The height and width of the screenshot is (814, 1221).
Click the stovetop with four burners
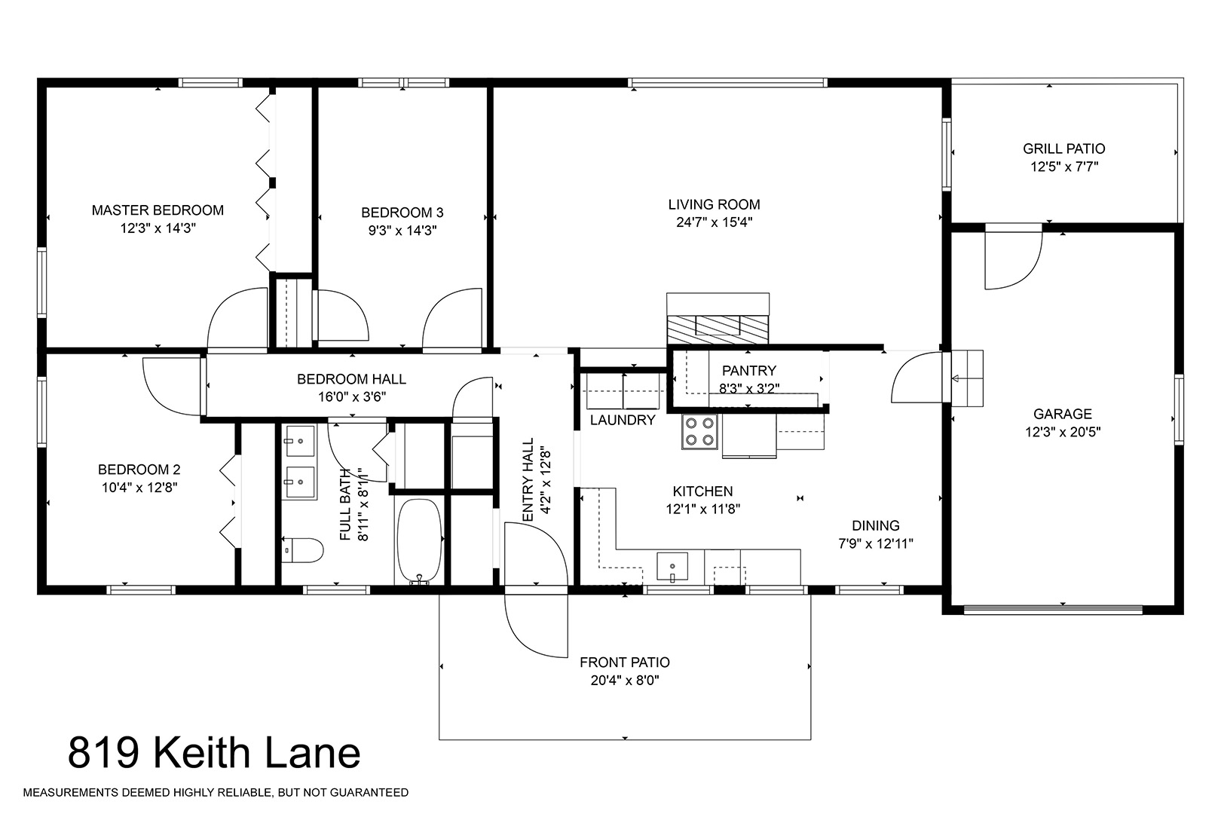699,432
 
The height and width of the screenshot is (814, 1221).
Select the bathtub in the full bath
418,542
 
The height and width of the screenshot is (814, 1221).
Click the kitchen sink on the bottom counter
672,567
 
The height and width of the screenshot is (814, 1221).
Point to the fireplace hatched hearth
718,329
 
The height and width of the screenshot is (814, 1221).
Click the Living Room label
714,204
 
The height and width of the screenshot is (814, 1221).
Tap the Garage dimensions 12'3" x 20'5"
1063,432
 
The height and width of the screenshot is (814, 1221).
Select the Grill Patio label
1064,148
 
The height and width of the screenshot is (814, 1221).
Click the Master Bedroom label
158,210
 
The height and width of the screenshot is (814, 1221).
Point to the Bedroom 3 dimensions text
402,230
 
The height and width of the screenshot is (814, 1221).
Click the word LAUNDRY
623,420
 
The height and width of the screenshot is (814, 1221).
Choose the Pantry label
749,371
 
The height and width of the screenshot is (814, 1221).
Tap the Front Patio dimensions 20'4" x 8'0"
625,681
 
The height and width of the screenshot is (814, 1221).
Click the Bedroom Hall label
351,379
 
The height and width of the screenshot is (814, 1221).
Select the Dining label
875,525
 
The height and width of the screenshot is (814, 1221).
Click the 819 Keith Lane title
214,753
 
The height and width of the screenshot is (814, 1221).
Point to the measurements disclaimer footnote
216,793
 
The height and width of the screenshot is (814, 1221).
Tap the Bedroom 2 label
139,470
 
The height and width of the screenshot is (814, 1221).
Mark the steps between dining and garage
967,378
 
